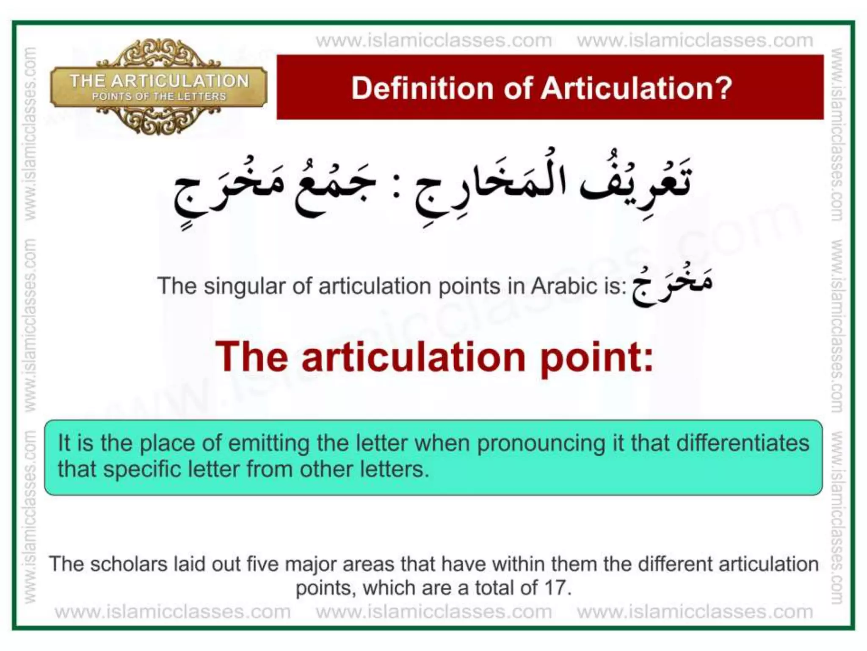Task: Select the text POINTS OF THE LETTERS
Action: (x=159, y=97)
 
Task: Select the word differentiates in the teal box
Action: (x=743, y=443)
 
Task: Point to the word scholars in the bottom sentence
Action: (x=129, y=565)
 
